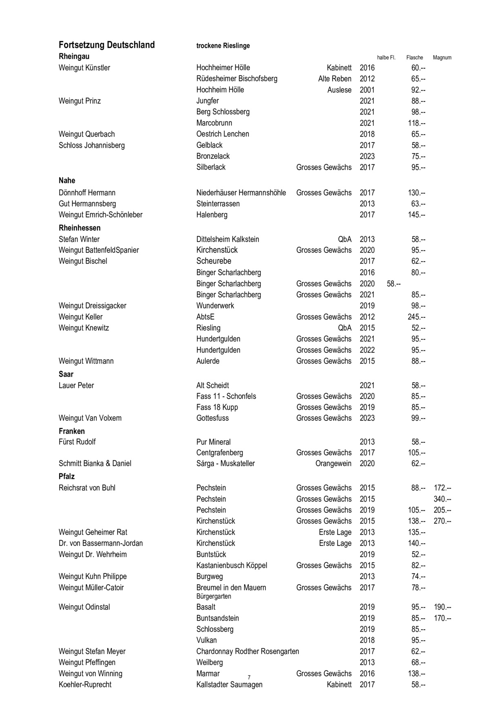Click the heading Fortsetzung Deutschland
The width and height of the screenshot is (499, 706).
coord(107,45)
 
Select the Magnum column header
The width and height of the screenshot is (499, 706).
coord(442,58)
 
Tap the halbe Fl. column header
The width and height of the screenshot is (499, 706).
coord(386,58)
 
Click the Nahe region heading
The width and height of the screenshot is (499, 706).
coord(67,181)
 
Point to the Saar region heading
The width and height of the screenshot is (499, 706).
coord(66,374)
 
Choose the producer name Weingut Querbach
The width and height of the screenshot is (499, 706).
coord(87,134)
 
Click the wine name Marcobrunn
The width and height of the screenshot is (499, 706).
coord(214,123)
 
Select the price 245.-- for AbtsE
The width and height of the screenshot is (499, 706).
coord(417,317)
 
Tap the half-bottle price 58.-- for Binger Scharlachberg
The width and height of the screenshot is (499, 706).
coord(393,284)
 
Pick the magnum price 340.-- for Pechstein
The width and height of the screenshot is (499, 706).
coord(442,499)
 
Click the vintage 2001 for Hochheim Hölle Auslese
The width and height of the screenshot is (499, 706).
coord(367,90)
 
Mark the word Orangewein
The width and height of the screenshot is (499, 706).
coord(333,464)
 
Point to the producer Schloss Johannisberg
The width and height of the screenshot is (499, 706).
coord(92,145)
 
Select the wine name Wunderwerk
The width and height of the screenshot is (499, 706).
coord(215,306)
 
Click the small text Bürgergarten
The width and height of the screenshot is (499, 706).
coord(214,597)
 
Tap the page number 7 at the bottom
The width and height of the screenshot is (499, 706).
coord(249,677)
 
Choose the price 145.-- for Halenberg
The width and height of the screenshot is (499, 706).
coord(417,215)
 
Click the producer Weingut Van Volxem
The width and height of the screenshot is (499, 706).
coord(90,418)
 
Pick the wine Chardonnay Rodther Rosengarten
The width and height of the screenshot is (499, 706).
coord(247,652)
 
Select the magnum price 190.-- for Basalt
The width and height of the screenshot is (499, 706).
coord(442,608)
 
